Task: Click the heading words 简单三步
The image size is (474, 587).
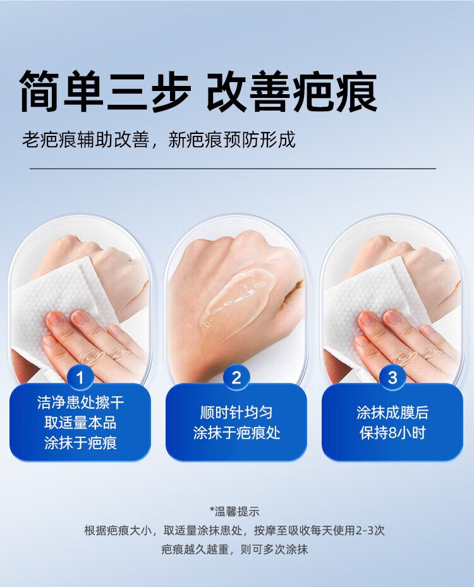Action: [x=105, y=91]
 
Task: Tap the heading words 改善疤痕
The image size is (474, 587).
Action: [x=292, y=91]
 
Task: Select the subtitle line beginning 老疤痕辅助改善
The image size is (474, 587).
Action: [x=159, y=139]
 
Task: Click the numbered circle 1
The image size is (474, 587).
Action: [x=80, y=377]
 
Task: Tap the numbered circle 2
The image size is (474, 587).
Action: [x=236, y=377]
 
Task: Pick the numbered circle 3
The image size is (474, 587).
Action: [x=392, y=377]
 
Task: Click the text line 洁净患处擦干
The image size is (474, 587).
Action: [x=80, y=402]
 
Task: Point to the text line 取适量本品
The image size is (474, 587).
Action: [x=80, y=423]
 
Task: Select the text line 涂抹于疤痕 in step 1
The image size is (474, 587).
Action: [x=80, y=443]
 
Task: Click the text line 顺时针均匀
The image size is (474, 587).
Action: [x=236, y=413]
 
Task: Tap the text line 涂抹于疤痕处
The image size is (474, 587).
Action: [x=236, y=433]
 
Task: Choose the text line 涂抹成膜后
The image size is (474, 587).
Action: [x=392, y=413]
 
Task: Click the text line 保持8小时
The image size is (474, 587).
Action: [x=392, y=433]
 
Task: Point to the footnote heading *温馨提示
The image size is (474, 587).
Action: [x=234, y=511]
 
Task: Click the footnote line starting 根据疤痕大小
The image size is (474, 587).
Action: [x=234, y=531]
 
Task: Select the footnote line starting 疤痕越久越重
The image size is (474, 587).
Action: [x=234, y=550]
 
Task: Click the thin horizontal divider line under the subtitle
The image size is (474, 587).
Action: [x=233, y=169]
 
